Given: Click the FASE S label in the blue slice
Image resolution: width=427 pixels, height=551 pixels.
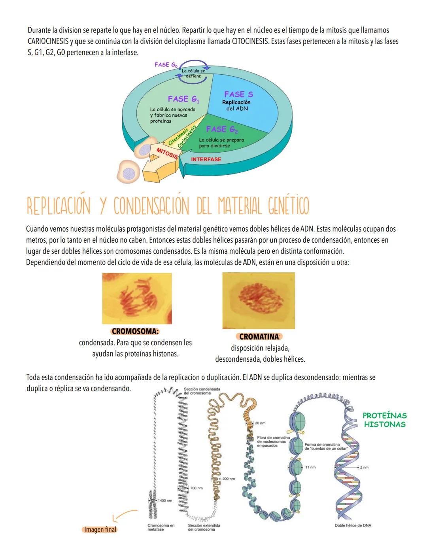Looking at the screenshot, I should [238, 94].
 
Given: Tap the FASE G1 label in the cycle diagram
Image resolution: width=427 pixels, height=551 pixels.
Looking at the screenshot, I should [183, 99].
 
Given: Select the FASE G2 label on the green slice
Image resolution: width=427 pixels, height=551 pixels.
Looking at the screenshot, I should [222, 129].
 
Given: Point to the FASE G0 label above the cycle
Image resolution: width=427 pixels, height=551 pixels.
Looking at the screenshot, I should [166, 64].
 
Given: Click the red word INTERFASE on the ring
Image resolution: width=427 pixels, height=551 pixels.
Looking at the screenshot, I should [206, 159].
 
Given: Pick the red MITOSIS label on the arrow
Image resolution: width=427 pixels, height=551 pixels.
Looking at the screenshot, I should [167, 153].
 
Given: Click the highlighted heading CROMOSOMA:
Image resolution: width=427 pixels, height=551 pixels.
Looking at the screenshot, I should [135, 331].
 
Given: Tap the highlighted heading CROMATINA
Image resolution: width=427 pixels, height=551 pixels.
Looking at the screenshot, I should [260, 337].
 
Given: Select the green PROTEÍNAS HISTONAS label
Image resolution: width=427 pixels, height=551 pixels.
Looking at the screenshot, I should [384, 420].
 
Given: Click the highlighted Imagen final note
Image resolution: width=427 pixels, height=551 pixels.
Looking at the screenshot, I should [100, 529].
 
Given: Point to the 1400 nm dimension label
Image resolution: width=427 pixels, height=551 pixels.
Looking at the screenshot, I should [165, 500].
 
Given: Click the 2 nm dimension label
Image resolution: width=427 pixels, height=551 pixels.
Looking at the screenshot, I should [364, 467].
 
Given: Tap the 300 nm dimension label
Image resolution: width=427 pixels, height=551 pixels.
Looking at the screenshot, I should [229, 479].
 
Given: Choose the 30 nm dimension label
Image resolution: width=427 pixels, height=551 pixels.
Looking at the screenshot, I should [260, 423].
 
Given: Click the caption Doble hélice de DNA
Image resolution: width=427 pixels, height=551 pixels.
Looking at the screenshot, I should [353, 525].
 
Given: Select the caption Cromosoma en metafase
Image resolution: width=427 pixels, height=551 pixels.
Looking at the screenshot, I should [161, 527].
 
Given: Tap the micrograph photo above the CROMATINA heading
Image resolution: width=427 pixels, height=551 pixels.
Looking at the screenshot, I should [259, 300].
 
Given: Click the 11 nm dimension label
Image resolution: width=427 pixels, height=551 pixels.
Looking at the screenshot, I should [310, 467].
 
